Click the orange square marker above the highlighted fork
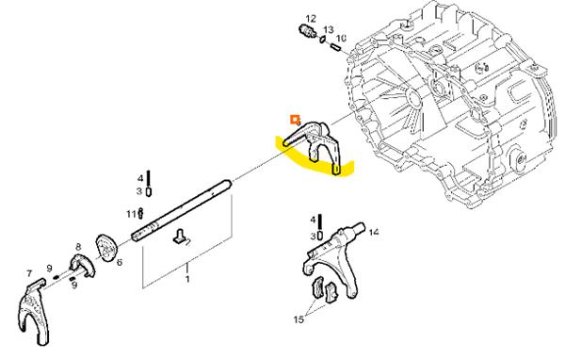[295, 119]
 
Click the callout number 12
[311, 19]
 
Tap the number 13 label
[329, 29]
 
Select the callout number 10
[341, 39]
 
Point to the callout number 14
[374, 232]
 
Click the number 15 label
[299, 319]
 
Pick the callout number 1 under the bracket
[187, 279]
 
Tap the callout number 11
[131, 214]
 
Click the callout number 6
[120, 262]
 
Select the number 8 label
[78, 247]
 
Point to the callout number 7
[29, 274]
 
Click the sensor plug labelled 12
[308, 30]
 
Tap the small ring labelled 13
[323, 39]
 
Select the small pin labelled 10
[336, 47]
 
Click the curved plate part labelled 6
[105, 247]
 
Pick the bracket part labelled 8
[82, 265]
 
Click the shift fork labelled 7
[34, 312]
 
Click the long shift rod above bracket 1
[182, 211]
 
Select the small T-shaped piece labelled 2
[180, 237]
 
